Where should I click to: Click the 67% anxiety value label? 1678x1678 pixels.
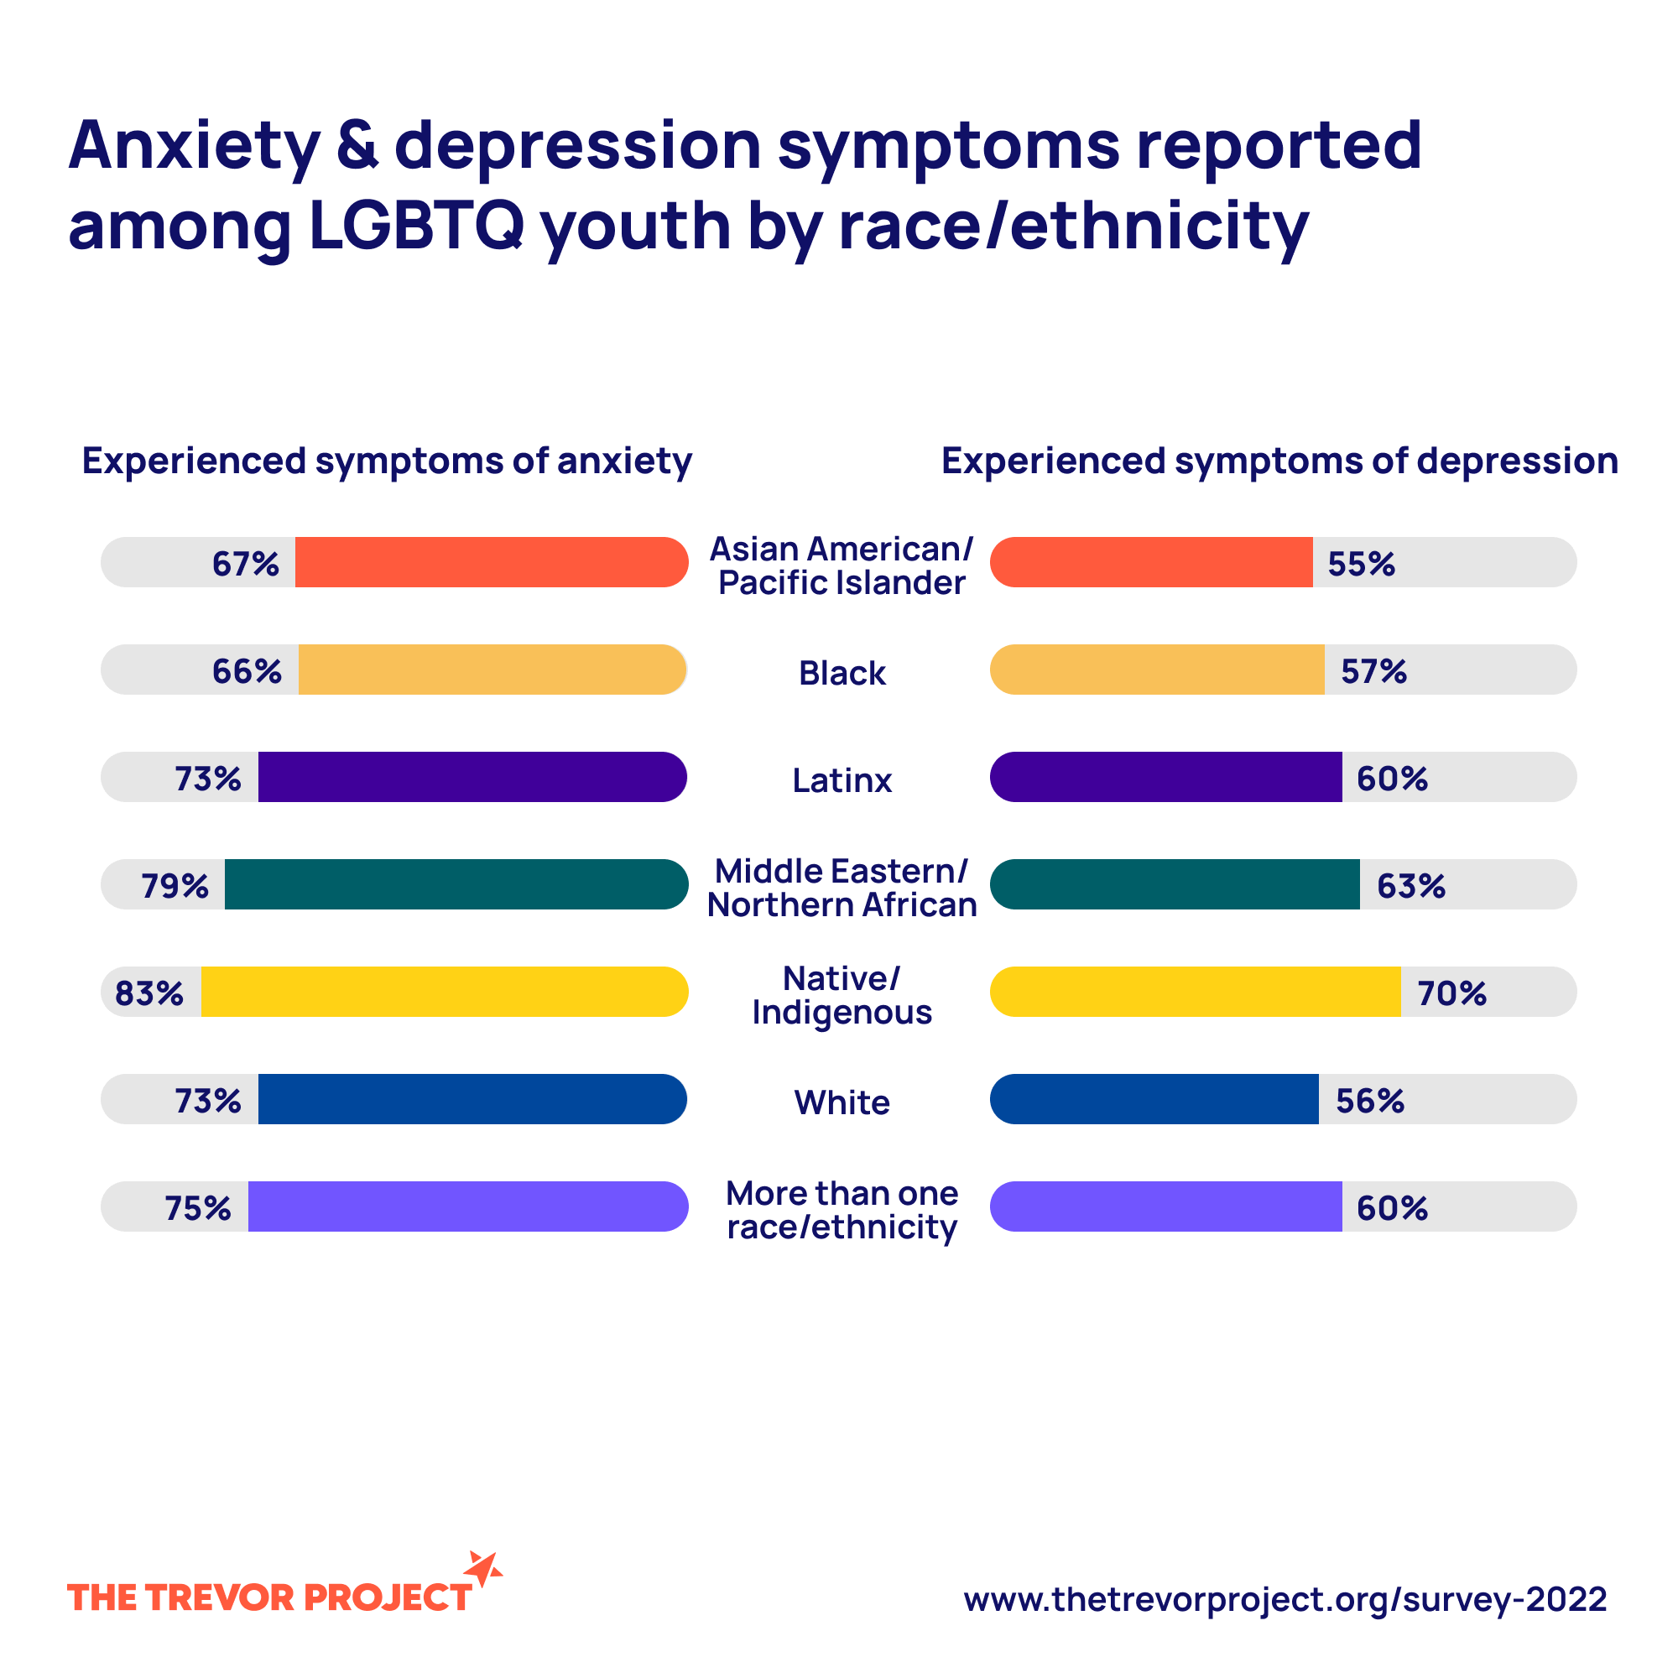[x=246, y=564]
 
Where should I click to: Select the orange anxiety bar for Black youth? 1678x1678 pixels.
[x=492, y=670]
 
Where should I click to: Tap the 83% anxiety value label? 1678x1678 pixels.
[x=149, y=993]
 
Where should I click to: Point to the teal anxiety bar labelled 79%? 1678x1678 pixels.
[x=456, y=884]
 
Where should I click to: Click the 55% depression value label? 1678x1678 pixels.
[x=1361, y=564]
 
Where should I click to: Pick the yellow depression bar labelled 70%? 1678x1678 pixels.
[x=1195, y=992]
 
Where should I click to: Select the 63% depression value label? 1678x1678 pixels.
[x=1410, y=886]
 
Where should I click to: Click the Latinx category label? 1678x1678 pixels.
[x=842, y=780]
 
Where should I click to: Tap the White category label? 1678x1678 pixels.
[x=842, y=1102]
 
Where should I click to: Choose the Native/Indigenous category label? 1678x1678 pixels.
[x=842, y=995]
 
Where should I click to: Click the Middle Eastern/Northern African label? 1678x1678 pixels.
[x=842, y=888]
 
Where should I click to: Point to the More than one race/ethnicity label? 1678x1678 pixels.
[x=842, y=1210]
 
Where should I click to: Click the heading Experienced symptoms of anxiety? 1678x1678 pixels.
[x=387, y=461]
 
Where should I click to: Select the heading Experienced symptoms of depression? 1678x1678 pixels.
[x=1279, y=461]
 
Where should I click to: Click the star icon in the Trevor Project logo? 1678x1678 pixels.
[x=483, y=1569]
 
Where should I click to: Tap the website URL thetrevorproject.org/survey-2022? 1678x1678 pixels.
[x=1285, y=1599]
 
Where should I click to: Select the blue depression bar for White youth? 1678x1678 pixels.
[x=1154, y=1099]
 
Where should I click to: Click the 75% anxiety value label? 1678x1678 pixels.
[x=198, y=1208]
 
